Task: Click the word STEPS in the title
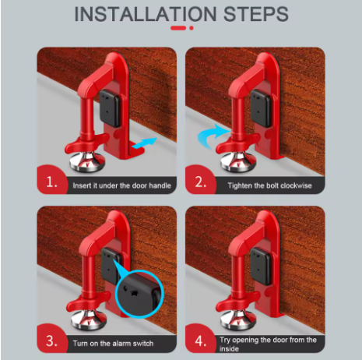click(252, 15)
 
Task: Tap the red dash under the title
click(178, 29)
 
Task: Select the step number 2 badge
click(201, 185)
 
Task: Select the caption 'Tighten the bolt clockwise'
click(270, 186)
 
